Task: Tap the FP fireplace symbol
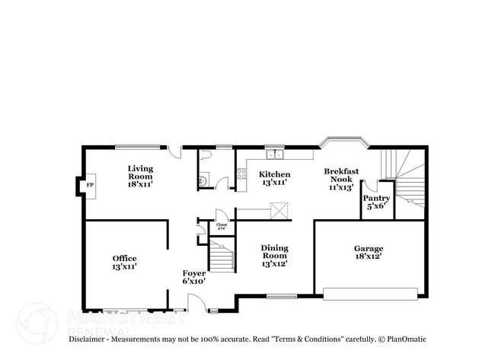click(89, 186)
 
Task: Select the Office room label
click(124, 258)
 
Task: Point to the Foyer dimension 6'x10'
click(193, 282)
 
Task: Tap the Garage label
click(368, 249)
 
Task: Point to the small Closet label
click(222, 225)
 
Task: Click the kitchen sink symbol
click(274, 155)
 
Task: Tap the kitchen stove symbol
click(242, 174)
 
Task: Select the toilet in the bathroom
click(202, 180)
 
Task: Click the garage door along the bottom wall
click(370, 293)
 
